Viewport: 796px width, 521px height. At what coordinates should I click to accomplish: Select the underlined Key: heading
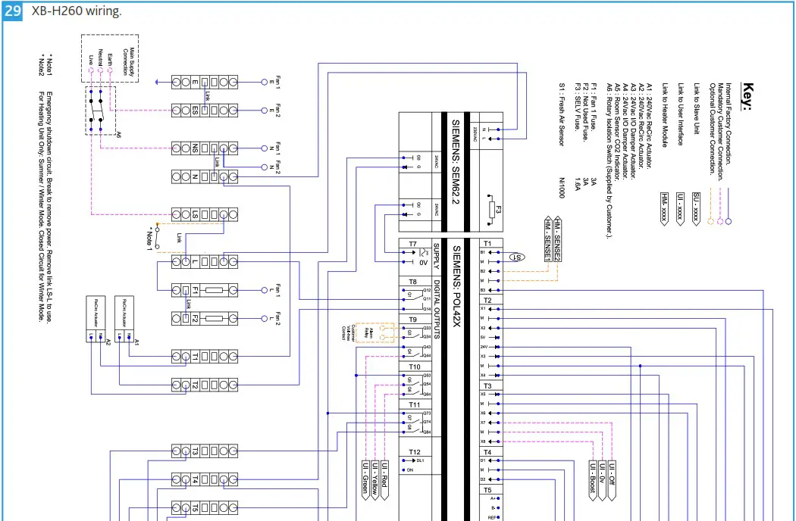pyautogui.click(x=746, y=97)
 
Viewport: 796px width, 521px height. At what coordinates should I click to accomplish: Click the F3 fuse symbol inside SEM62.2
pyautogui.click(x=490, y=209)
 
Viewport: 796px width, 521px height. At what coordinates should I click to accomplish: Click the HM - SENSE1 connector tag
pyautogui.click(x=547, y=239)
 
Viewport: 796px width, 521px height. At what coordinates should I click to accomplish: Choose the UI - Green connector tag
pyautogui.click(x=365, y=477)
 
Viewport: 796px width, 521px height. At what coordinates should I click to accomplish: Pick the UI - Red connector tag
pyautogui.click(x=384, y=477)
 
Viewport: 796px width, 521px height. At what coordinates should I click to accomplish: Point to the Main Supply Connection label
pyautogui.click(x=130, y=58)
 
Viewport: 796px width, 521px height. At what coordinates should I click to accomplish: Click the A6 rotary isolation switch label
pyautogui.click(x=118, y=133)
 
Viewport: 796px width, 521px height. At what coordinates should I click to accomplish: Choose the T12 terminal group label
pyautogui.click(x=414, y=451)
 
